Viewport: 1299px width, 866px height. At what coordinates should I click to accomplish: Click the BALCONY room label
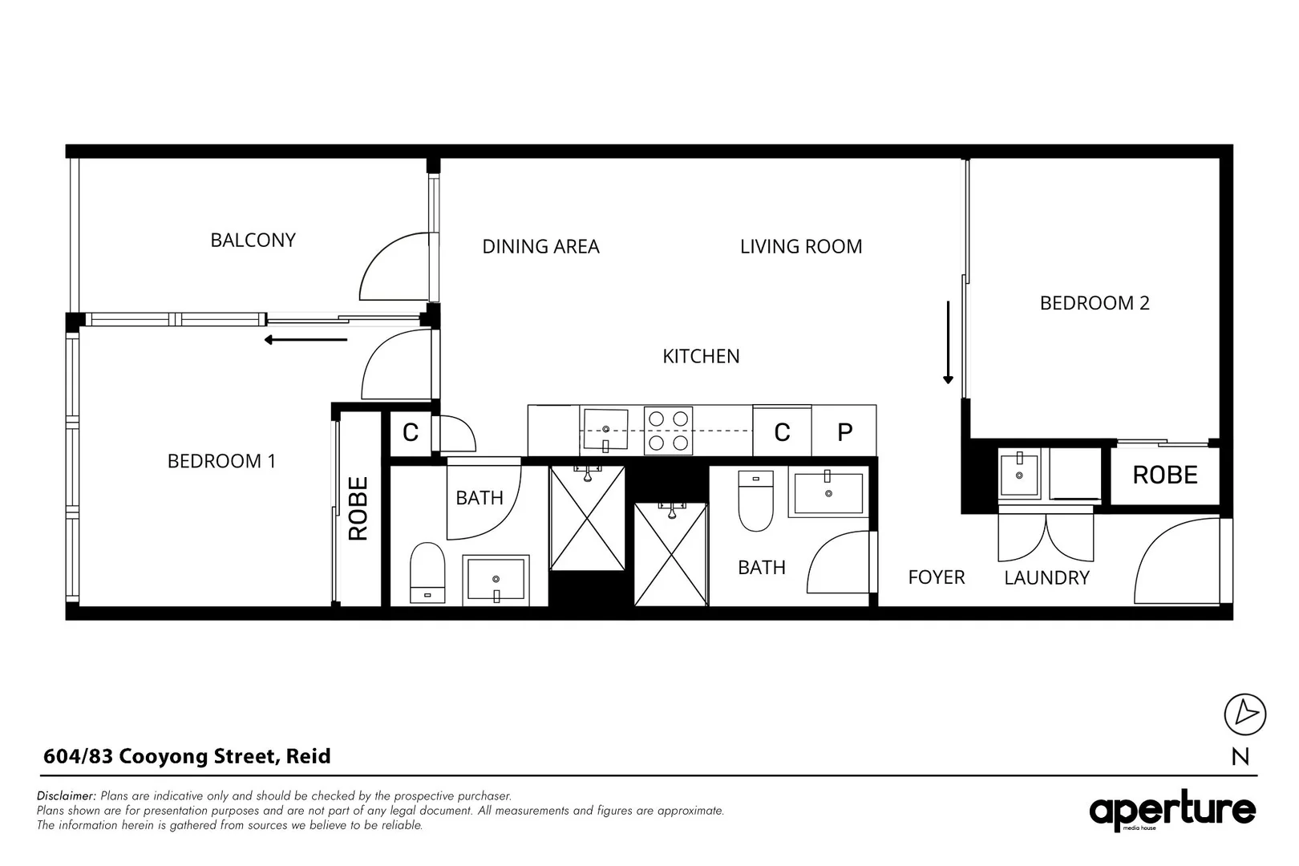pos(253,240)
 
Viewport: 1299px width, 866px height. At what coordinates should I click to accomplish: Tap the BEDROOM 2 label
pos(1094,303)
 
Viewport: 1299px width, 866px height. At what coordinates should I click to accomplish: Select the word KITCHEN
pos(701,356)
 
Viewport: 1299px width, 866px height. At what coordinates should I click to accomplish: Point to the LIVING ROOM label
pos(800,246)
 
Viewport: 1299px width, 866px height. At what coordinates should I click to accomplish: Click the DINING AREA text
pos(540,246)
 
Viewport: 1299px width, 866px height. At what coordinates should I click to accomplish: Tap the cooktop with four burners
pos(668,431)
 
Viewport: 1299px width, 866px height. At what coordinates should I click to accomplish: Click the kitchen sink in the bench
pos(605,431)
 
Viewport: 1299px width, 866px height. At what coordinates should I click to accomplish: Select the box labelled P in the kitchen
pos(844,432)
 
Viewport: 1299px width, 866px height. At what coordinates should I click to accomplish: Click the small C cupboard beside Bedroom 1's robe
pos(410,433)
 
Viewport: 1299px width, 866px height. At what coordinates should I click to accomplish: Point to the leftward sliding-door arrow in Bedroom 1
pos(306,340)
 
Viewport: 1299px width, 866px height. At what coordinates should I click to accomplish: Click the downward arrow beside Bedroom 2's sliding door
pos(948,342)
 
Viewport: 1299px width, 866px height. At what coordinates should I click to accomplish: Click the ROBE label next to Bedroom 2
pos(1164,475)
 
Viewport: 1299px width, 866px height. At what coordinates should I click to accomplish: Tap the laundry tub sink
pos(1019,475)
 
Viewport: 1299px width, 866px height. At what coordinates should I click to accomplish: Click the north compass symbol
pos(1244,714)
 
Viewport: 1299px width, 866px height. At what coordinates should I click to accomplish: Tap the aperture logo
pos(1172,811)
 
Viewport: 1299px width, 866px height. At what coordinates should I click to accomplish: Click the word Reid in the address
pos(308,756)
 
